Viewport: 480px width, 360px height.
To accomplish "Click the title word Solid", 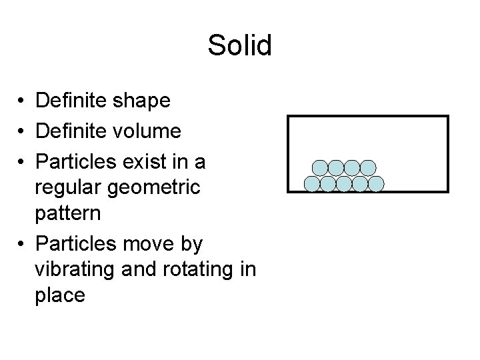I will pos(239,46).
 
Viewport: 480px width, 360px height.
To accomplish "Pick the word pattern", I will pos(69,215).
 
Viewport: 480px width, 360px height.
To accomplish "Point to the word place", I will pos(61,295).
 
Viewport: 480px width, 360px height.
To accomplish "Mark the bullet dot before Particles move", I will pos(23,245).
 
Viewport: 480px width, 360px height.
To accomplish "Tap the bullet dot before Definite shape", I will pos(23,102).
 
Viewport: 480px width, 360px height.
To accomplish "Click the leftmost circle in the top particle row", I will pos(320,168).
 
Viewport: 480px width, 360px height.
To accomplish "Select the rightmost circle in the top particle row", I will pos(368,168).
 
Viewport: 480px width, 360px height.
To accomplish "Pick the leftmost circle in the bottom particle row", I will pos(311,183).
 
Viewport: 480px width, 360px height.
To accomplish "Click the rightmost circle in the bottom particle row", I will pos(376,183).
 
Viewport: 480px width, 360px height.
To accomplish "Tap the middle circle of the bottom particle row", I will pos(344,183).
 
